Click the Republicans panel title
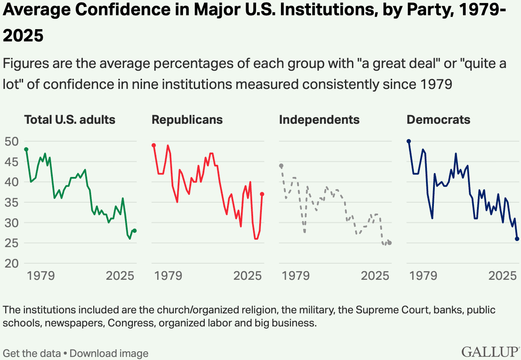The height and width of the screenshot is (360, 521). tap(187, 120)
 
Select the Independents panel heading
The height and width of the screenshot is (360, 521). tap(319, 120)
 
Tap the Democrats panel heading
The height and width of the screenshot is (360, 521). tap(438, 120)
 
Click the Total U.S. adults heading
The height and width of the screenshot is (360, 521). tap(70, 120)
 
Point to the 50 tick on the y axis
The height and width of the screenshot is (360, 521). tap(12, 141)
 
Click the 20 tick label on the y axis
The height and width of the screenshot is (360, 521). tap(12, 263)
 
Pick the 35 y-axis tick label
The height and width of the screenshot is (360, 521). tap(12, 202)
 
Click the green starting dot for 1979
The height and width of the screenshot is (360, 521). tap(26, 149)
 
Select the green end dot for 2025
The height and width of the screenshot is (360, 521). tap(135, 231)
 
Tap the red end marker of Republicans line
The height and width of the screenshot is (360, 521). tap(262, 194)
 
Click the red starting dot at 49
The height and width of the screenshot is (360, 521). tap(154, 145)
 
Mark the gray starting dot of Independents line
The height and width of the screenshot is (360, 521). tap(281, 166)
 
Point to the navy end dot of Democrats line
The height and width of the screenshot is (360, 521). tap(517, 239)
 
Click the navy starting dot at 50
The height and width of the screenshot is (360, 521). tap(409, 141)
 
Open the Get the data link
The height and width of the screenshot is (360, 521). tap(32, 353)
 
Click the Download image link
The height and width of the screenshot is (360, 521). tap(109, 353)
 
